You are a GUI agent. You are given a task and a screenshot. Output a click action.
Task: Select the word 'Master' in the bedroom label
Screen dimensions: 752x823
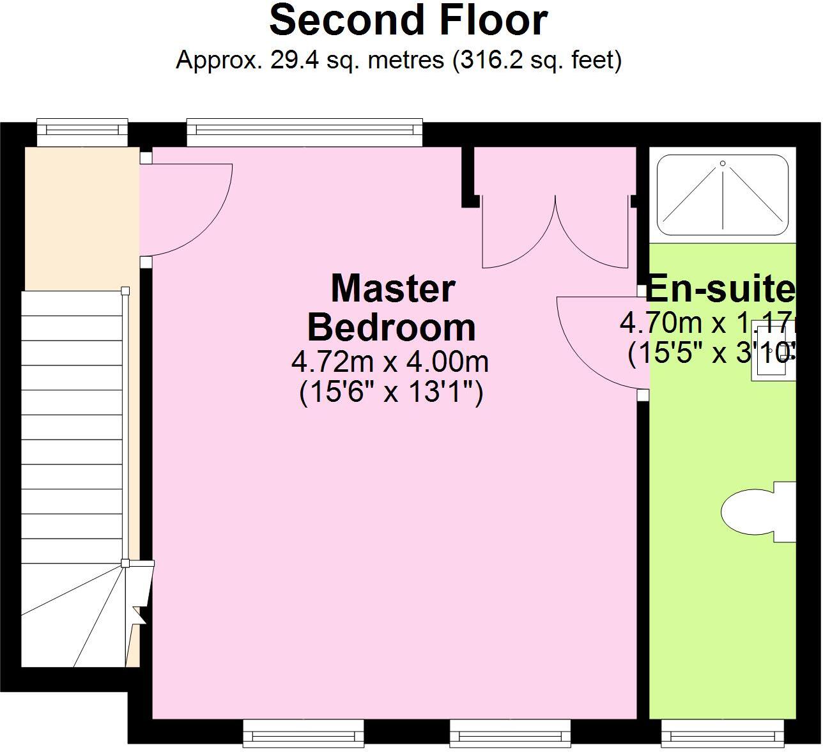392,288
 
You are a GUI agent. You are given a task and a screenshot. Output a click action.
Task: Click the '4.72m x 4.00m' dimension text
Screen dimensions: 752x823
390,362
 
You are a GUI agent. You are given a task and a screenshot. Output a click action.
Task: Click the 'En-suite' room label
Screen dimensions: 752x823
720,289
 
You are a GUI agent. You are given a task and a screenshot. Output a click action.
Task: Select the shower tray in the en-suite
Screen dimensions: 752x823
723,194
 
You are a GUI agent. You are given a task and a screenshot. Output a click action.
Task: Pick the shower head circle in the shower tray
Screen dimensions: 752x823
723,164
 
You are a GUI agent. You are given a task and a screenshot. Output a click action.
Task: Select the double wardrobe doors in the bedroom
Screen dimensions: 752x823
555,233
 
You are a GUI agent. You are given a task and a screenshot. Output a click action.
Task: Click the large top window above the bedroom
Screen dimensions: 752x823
305,130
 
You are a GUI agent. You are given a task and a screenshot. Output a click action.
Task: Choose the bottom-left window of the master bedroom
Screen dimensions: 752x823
304,733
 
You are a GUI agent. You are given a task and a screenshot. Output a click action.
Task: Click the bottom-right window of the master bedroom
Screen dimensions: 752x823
510,733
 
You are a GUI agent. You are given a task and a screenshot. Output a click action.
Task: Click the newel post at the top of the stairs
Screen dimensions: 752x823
126,291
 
